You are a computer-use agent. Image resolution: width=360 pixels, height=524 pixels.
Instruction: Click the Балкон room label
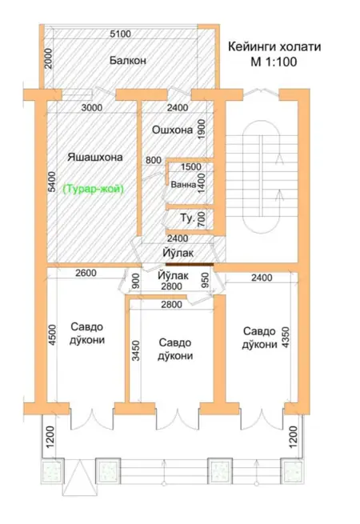click(128, 61)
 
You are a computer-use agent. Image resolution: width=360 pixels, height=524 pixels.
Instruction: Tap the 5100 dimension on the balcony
click(120, 34)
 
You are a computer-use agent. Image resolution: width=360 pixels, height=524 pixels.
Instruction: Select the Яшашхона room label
click(95, 157)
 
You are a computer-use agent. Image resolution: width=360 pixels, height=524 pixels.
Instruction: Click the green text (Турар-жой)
click(94, 189)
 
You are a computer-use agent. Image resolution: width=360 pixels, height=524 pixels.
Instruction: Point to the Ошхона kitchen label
click(172, 130)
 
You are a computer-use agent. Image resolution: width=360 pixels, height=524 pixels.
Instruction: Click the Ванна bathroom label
click(183, 185)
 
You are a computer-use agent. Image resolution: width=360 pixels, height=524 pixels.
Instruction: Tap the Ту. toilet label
click(187, 218)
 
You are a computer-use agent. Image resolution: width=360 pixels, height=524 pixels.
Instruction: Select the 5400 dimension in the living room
click(52, 182)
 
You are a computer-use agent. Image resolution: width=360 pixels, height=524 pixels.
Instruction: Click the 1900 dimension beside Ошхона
click(202, 130)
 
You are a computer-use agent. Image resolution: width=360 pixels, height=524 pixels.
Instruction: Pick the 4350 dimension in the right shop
click(286, 338)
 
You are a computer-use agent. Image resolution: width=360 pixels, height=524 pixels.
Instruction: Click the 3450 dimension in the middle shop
click(136, 350)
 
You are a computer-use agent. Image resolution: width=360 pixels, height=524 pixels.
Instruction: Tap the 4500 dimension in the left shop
click(53, 335)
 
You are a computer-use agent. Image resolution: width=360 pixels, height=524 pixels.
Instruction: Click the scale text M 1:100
click(274, 62)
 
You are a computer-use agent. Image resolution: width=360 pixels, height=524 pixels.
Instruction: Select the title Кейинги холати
click(274, 46)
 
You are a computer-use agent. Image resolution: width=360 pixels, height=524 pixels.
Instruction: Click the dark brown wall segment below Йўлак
click(190, 264)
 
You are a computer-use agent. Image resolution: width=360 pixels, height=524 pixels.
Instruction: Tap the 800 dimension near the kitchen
click(154, 160)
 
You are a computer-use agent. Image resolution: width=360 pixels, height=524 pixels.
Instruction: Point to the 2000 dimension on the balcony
click(49, 58)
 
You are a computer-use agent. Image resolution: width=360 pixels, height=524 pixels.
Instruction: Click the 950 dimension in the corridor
click(206, 280)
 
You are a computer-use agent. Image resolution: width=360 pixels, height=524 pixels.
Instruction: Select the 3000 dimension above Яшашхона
click(92, 108)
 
